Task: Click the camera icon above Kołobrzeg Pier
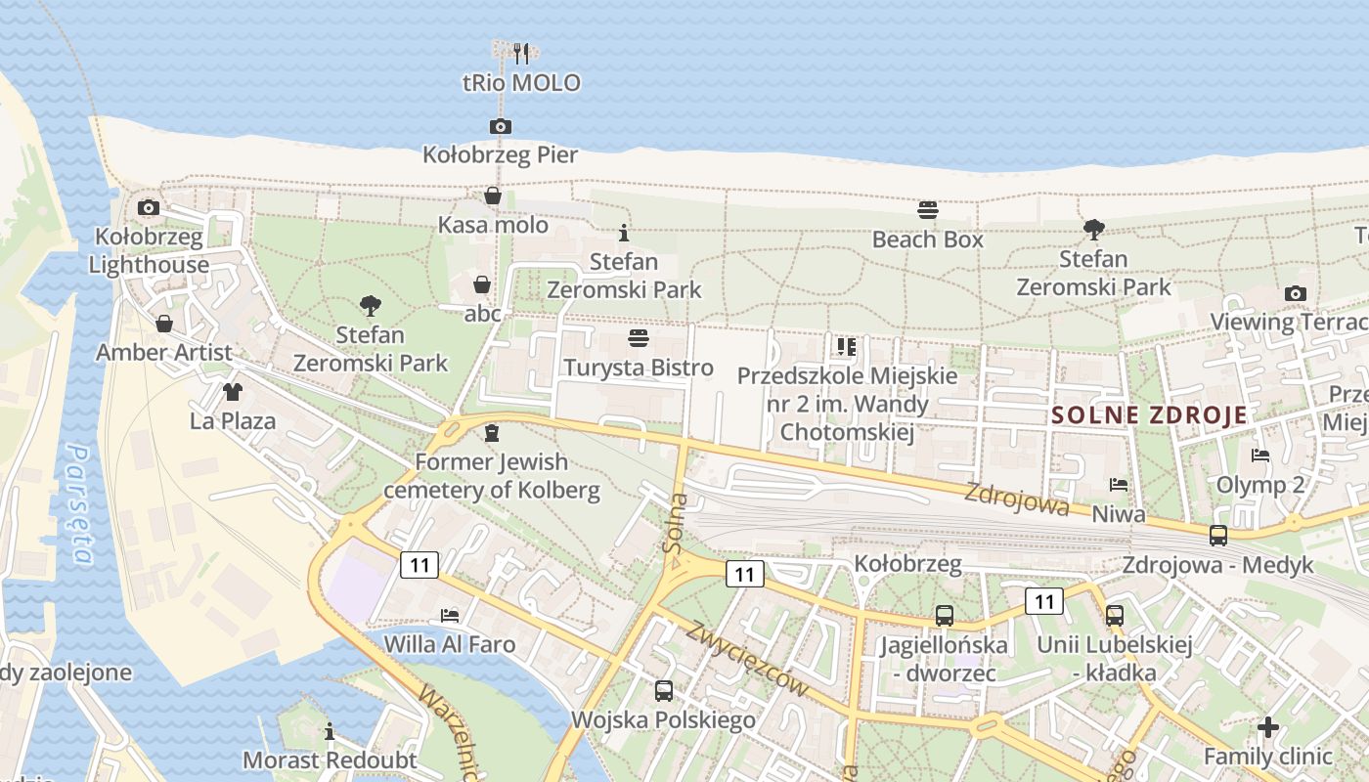[500, 126]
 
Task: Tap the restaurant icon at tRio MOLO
[521, 53]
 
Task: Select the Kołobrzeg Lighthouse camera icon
[149, 207]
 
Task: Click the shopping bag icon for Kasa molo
[493, 195]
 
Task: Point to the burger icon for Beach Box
[928, 209]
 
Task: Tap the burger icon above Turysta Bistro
[639, 338]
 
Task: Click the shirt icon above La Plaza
[233, 392]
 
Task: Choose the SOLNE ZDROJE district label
[1150, 414]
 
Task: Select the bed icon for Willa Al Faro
[450, 616]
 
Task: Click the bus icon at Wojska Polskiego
[664, 691]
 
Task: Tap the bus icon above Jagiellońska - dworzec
[945, 616]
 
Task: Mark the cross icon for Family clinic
[1268, 727]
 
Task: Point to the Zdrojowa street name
[1016, 500]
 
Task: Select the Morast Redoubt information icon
[331, 731]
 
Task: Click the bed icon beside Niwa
[1119, 484]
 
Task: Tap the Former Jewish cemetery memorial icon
[492, 432]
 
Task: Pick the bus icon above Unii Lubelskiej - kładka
[1115, 616]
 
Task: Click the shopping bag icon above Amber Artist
[164, 323]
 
